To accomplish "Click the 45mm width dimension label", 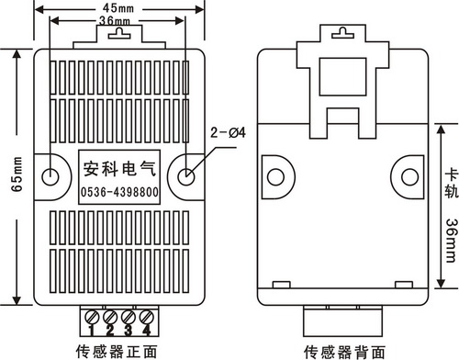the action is click(118, 8).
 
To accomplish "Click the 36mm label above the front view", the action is click(115, 21).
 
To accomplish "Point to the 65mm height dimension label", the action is click(17, 174).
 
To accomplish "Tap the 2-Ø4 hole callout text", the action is click(228, 132).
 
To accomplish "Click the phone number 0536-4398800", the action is click(119, 192).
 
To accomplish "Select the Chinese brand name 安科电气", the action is click(119, 169).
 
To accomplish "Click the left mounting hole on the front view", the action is click(50, 176).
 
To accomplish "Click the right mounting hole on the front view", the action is click(185, 176).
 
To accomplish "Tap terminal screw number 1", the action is click(92, 317).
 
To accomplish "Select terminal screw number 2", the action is click(110, 317).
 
